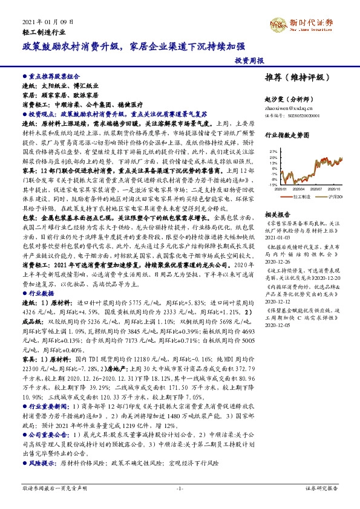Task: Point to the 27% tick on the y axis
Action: [x=272, y=151]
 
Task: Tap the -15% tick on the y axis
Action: [x=272, y=184]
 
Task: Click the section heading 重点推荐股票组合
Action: [x=54, y=77]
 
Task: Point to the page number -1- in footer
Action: [x=180, y=487]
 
